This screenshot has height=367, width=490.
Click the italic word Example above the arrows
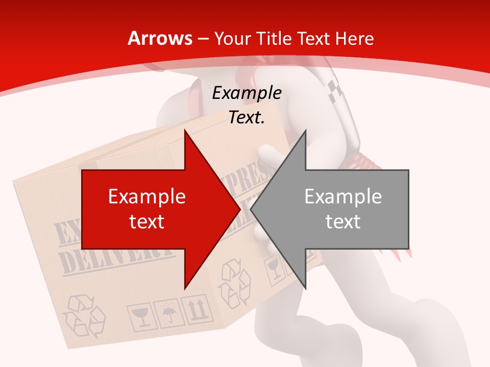coord(247,93)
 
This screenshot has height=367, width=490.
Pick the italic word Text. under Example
coord(247,118)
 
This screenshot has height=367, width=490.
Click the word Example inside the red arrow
coord(147,197)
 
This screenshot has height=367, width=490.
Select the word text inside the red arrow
coord(147,221)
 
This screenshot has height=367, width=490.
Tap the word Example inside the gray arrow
coord(343,197)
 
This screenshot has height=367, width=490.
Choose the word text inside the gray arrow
coord(343,221)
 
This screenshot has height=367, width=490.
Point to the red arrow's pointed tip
coord(239,209)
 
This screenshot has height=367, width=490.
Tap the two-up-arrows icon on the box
coord(197,309)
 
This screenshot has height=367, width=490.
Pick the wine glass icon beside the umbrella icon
coord(139,317)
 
